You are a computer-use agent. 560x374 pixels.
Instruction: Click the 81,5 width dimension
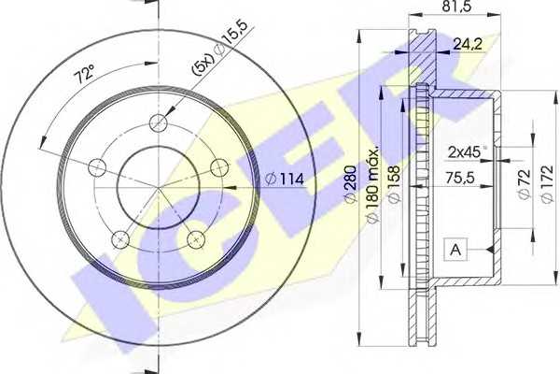coord(458,7)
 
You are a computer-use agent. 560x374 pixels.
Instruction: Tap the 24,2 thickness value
coord(468,44)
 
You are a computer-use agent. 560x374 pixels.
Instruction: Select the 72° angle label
coord(84,74)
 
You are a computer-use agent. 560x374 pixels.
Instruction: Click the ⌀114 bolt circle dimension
coord(285,179)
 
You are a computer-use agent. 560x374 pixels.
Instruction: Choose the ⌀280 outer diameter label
coord(351,183)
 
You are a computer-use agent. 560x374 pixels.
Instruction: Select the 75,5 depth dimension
coord(460,177)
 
